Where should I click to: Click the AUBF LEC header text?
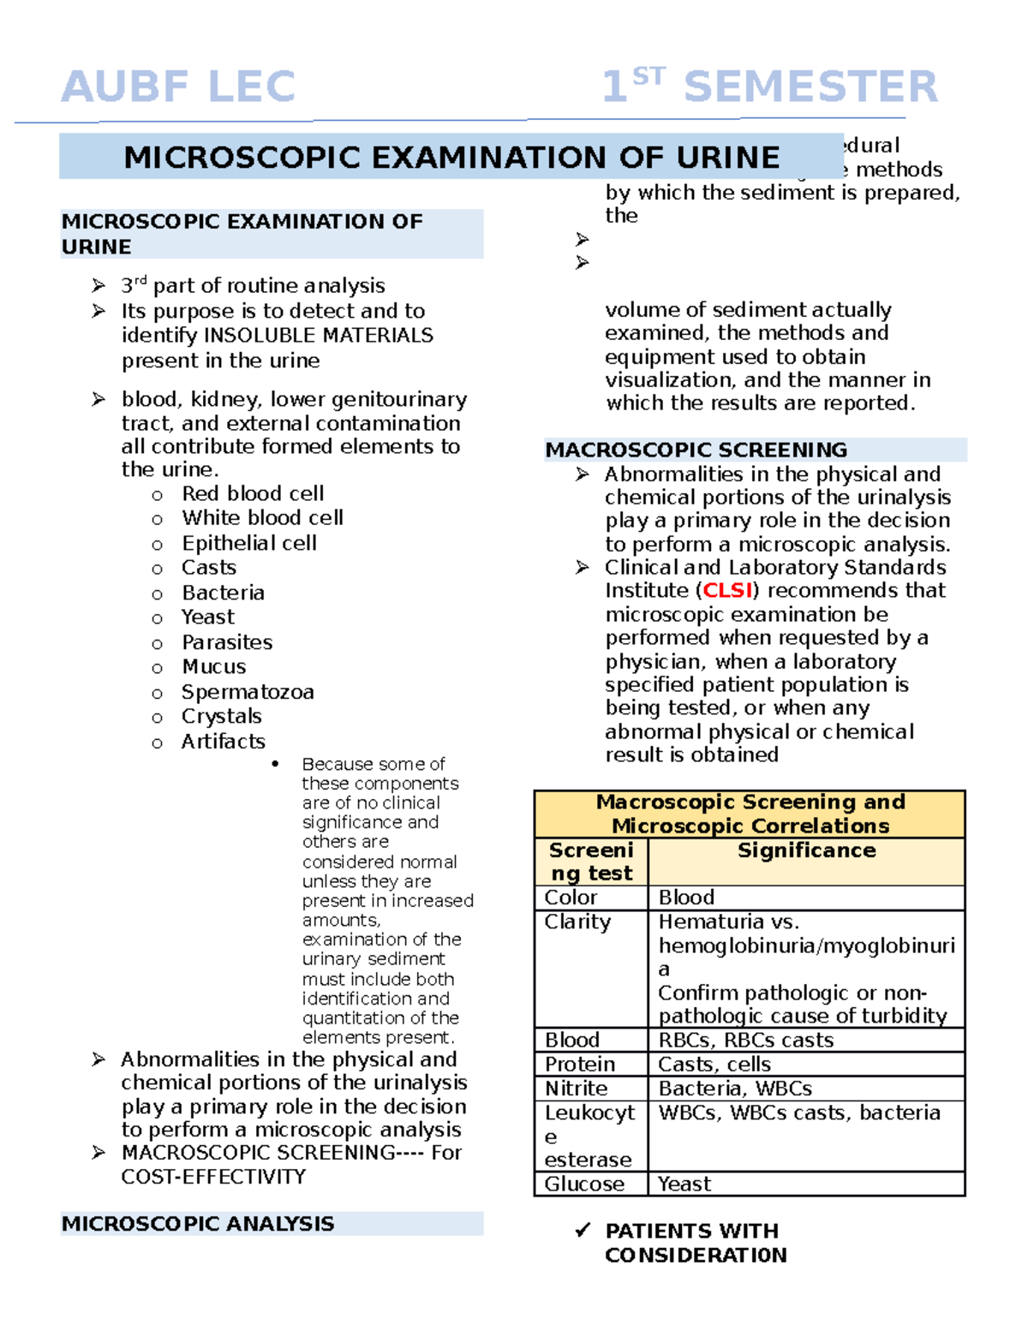coord(178,86)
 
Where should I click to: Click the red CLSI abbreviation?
coord(727,590)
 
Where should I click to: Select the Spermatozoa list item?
coord(248,692)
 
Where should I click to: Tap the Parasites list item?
coord(227,642)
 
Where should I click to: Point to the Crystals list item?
coord(221,716)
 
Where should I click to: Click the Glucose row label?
coord(584,1184)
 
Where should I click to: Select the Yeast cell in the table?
coord(684,1184)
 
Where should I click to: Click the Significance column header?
coord(806,850)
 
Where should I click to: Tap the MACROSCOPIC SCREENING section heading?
coord(696,450)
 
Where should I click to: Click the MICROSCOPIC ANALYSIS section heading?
coord(198,1224)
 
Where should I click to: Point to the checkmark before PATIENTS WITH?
coord(583,1231)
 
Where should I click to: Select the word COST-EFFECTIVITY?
coord(213,1177)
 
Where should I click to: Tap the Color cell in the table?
coord(571,898)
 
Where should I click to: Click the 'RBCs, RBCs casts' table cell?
coord(745,1040)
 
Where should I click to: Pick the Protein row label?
coord(580,1065)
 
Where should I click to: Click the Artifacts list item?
coord(223,742)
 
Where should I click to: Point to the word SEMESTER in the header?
coord(810,86)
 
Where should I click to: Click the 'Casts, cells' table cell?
coord(714,1065)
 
